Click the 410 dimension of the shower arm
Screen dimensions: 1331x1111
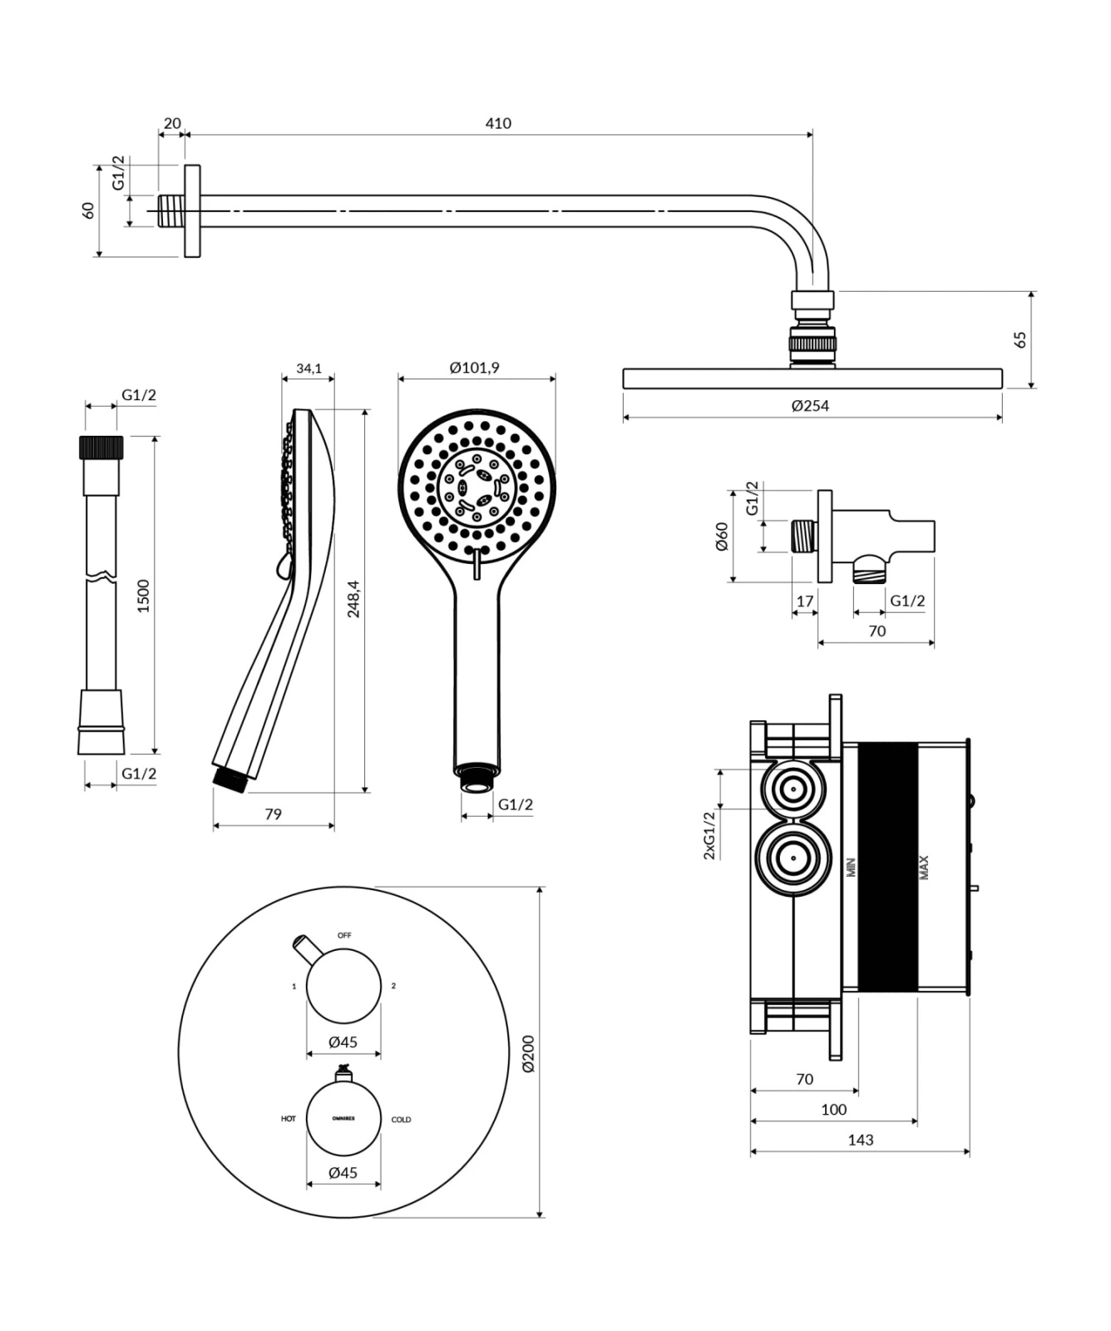498,124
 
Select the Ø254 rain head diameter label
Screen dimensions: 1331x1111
810,406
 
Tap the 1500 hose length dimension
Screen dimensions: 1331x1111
144,596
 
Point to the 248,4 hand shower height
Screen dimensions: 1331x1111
353,599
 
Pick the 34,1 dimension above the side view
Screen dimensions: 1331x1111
309,369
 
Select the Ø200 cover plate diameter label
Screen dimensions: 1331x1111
528,1052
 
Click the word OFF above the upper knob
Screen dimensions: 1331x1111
344,936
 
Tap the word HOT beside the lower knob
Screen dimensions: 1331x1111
288,1119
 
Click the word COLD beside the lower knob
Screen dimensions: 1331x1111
401,1120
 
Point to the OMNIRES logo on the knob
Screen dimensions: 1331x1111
343,1119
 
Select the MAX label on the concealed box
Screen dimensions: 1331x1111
924,868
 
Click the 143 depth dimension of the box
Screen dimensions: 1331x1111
861,1141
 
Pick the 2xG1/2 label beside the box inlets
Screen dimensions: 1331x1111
709,835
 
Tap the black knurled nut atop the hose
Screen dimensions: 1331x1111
101,448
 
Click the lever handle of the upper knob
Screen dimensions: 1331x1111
305,948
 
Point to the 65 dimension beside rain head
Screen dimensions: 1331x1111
1020,339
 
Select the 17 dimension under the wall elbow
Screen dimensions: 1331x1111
804,601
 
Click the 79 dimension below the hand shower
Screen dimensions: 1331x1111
273,814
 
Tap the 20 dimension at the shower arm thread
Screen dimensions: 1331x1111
172,124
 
